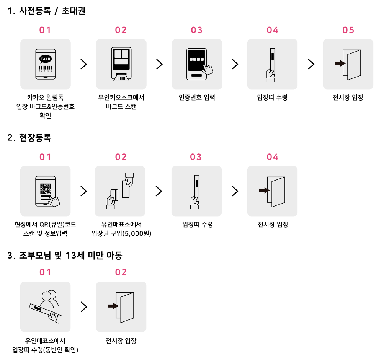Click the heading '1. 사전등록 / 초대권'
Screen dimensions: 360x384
pyautogui.click(x=46, y=11)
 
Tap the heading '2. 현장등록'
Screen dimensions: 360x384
pyautogui.click(x=29, y=138)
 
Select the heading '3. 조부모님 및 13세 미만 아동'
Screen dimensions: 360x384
pyautogui.click(x=65, y=256)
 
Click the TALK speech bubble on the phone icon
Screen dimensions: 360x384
pyautogui.click(x=45, y=59)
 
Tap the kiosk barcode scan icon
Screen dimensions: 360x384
pyautogui.click(x=121, y=64)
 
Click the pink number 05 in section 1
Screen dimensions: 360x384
pyautogui.click(x=348, y=30)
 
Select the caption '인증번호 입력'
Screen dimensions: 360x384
pyautogui.click(x=197, y=98)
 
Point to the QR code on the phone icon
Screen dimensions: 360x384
pyautogui.click(x=45, y=189)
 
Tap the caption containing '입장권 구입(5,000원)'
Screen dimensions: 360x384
pyautogui.click(x=121, y=233)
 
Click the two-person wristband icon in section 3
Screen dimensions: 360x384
pyautogui.click(x=45, y=306)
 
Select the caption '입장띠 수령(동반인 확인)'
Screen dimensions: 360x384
pyautogui.click(x=45, y=349)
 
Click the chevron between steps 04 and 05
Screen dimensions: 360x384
pyautogui.click(x=311, y=64)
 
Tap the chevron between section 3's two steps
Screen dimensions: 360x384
pyautogui.click(x=83, y=306)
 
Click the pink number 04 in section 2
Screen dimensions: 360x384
pyautogui.click(x=272, y=157)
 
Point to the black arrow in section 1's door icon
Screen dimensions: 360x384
pyautogui.click(x=339, y=64)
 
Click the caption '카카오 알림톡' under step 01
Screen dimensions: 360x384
pyautogui.click(x=45, y=98)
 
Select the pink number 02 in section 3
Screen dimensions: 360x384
pyautogui.click(x=121, y=272)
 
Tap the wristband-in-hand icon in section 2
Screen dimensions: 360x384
pyautogui.click(x=196, y=191)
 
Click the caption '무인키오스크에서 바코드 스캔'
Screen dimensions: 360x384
pyautogui.click(x=121, y=102)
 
